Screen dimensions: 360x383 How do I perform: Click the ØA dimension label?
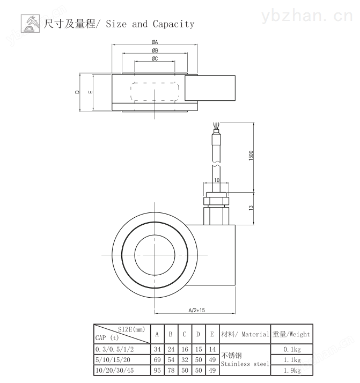[155, 42]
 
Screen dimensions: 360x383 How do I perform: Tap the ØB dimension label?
[155, 50]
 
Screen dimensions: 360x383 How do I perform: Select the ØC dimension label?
[155, 58]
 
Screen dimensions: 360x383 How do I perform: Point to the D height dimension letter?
[77, 92]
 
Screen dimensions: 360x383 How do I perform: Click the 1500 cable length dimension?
[251, 156]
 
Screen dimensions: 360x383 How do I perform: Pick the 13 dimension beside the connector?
[251, 208]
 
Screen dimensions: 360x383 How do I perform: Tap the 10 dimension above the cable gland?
[217, 180]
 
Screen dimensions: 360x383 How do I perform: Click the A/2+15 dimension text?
[196, 310]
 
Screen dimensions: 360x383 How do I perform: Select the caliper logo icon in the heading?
[30, 24]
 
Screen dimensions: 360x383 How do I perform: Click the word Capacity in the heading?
[173, 24]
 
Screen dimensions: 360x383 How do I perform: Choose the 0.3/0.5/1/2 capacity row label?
[115, 349]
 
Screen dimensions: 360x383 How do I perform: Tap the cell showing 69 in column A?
[157, 360]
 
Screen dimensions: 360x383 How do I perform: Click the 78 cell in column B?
[171, 370]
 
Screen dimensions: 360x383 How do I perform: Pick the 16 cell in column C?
[185, 349]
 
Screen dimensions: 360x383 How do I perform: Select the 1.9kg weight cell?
[292, 371]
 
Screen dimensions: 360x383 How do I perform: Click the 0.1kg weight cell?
[292, 350]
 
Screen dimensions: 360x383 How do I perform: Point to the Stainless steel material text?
[245, 364]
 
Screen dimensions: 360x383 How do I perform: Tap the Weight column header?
[291, 334]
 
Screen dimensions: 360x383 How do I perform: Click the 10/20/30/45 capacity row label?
[115, 370]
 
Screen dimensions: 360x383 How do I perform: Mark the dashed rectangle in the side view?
[155, 83]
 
